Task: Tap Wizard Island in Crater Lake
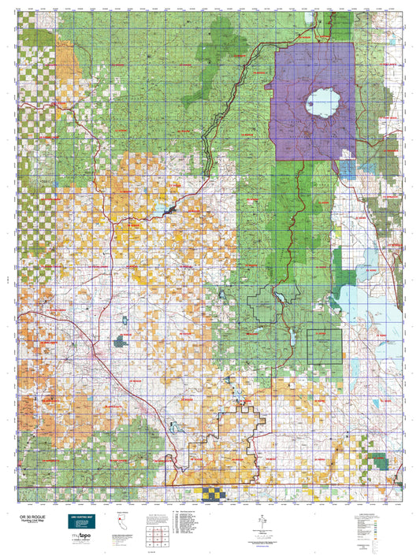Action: pos(313,101)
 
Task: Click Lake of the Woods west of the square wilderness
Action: pos(287,340)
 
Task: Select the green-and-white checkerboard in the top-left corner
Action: pos(32,47)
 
